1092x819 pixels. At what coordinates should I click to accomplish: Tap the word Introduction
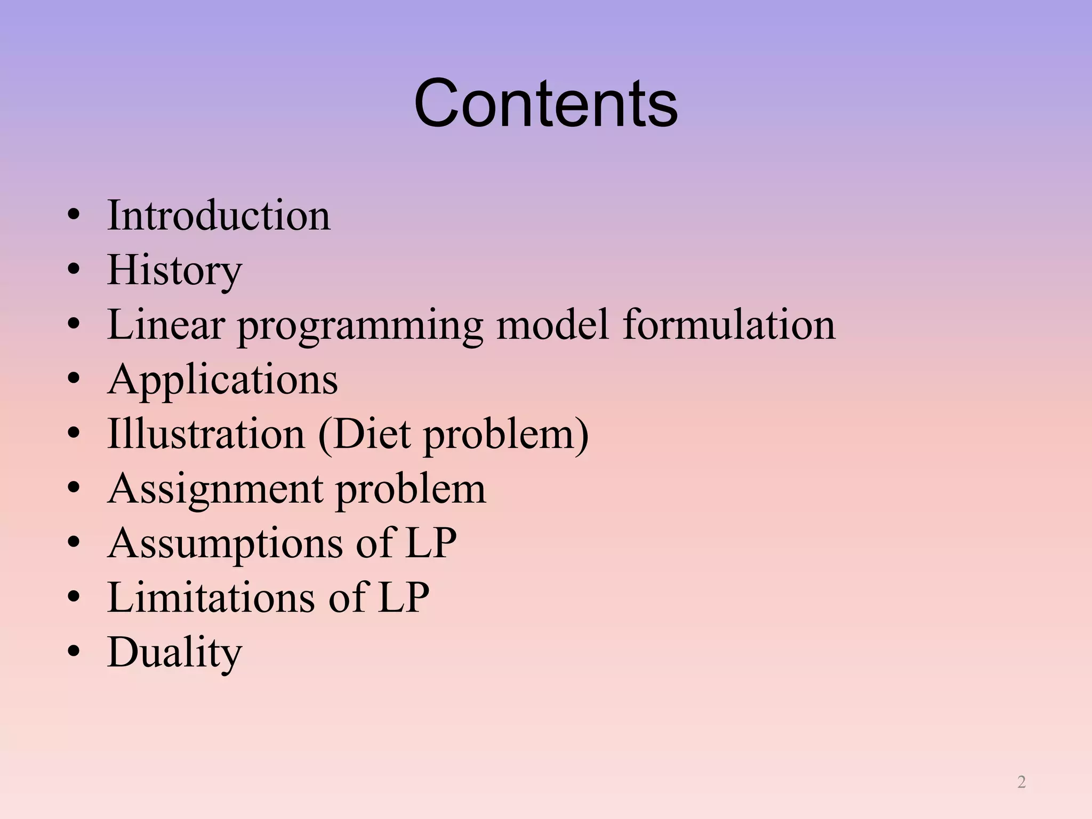tap(219, 215)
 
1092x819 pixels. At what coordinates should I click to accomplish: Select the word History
tap(174, 270)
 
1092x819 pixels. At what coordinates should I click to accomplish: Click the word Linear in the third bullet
tap(165, 325)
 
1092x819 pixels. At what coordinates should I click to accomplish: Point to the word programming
tap(360, 326)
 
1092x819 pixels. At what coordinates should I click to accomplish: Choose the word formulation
tap(729, 325)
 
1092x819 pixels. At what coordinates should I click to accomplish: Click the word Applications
tap(222, 381)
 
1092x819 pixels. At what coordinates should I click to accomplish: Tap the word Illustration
tap(206, 434)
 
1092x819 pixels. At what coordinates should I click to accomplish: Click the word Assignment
tap(215, 489)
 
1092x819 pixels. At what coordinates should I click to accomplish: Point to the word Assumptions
tap(225, 544)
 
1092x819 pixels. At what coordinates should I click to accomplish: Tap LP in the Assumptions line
tap(431, 543)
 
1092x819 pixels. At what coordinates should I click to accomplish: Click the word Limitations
tap(211, 598)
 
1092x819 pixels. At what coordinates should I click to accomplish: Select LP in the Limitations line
tap(404, 598)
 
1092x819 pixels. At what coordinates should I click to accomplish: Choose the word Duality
tap(174, 653)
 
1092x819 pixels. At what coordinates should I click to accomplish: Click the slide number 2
tap(1021, 782)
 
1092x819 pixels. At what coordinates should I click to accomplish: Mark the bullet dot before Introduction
tap(74, 216)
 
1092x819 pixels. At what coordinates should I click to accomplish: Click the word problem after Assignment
tap(411, 489)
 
